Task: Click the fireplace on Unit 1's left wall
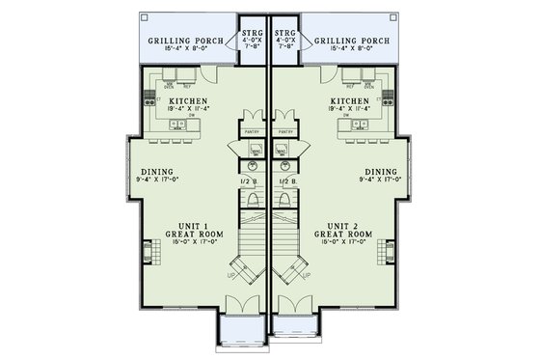[148, 253]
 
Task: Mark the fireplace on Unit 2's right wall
[390, 253]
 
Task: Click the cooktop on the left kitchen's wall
[148, 96]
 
